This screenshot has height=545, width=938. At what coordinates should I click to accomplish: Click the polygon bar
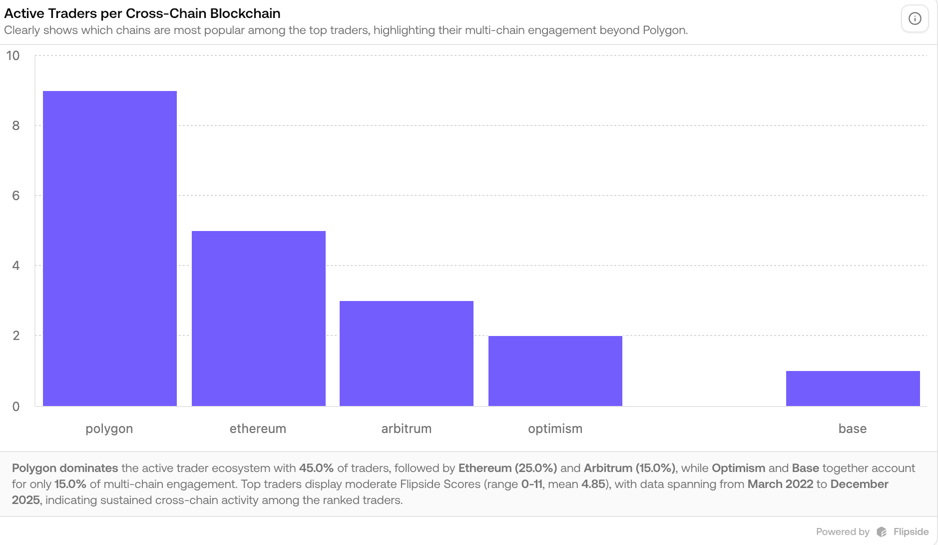[110, 248]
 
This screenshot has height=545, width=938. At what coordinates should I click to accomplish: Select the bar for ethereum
[258, 318]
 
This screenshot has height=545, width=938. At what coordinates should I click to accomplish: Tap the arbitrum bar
[406, 353]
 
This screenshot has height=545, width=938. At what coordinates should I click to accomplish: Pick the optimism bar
[555, 370]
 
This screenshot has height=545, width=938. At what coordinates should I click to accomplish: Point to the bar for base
[853, 388]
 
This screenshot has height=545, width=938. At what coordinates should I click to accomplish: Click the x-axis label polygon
[109, 428]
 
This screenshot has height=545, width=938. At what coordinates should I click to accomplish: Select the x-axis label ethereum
[258, 428]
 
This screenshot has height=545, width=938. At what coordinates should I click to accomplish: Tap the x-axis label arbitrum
[406, 428]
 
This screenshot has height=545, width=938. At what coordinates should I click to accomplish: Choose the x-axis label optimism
[555, 428]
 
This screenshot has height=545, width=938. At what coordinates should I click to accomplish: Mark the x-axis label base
[852, 428]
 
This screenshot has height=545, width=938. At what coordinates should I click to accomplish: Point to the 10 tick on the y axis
[13, 55]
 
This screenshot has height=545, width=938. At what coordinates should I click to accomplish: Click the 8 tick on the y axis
[16, 125]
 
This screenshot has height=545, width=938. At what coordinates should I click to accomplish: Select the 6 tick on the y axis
[16, 195]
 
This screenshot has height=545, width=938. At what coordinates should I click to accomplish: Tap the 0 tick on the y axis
[16, 406]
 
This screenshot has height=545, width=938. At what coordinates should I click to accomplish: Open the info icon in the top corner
[915, 19]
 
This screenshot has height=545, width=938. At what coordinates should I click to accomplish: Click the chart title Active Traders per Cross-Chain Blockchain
[142, 13]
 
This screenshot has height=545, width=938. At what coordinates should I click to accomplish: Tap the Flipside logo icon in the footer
[882, 531]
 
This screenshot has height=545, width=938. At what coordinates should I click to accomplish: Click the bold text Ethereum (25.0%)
[507, 468]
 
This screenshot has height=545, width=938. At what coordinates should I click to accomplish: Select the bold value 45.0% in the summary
[316, 468]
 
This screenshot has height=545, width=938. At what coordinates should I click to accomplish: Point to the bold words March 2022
[780, 484]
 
